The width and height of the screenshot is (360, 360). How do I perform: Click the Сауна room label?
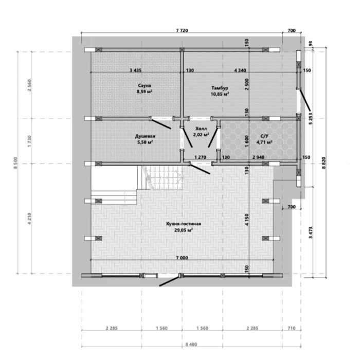tap(145, 86)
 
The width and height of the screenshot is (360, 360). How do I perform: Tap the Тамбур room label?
tap(220, 88)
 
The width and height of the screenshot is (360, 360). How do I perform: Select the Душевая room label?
tap(145, 136)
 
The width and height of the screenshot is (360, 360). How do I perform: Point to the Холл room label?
tap(201, 129)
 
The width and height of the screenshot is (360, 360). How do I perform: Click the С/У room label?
tap(264, 136)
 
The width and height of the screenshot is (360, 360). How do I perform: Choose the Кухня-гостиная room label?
tap(184, 224)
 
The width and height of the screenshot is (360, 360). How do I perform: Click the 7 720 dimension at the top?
tap(182, 30)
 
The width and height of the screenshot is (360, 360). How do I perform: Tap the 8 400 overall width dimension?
tap(191, 345)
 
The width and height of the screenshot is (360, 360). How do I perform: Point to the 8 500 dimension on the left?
tap(15, 163)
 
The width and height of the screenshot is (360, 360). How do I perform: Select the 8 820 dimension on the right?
tap(323, 163)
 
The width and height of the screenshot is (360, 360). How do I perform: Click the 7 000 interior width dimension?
tap(182, 258)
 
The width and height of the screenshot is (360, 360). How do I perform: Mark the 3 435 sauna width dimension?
tap(135, 70)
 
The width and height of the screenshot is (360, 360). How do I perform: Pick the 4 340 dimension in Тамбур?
tap(240, 70)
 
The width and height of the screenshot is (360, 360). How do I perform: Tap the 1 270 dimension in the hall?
tap(200, 157)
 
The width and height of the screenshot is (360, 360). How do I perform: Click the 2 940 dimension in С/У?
tap(258, 157)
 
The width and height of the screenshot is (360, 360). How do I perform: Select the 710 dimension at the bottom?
tap(292, 328)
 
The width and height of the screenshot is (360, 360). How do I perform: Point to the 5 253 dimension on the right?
tap(311, 118)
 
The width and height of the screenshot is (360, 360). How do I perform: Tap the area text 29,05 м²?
tap(184, 230)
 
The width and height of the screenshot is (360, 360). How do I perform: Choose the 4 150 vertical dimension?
tap(247, 220)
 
